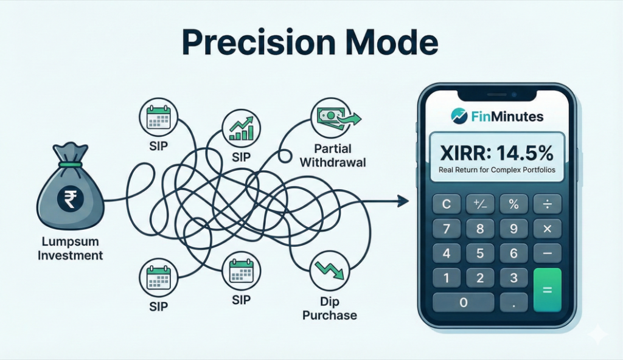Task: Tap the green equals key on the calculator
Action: pos(547,289)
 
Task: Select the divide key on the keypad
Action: pos(547,204)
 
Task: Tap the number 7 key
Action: pos(446,229)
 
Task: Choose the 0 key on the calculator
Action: pos(464,302)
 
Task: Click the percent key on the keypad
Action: pos(513,204)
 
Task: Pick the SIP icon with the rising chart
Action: pos(242,128)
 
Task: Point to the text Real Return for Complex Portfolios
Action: pos(497,170)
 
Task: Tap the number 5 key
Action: pos(480,254)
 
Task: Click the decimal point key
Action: pos(513,302)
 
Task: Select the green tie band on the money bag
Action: pos(71,164)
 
